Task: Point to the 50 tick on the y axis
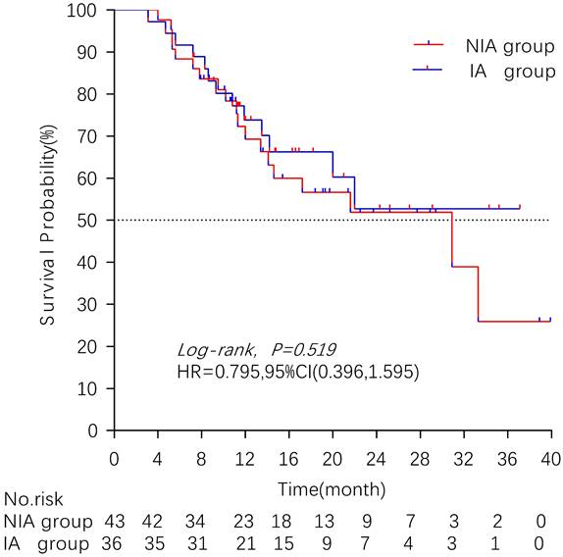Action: (111, 221)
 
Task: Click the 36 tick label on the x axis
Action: (507, 459)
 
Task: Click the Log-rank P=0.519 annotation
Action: (257, 349)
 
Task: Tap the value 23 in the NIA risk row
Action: (245, 520)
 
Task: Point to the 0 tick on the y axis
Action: (111, 430)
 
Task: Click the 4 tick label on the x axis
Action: (158, 459)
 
